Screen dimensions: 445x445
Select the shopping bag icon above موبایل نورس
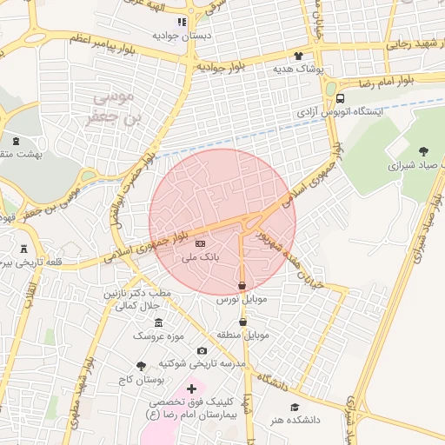point(242,285)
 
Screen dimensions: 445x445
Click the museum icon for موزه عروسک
point(158,322)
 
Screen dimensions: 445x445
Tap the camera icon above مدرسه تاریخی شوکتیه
point(203,350)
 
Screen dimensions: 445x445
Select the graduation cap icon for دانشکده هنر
point(295,407)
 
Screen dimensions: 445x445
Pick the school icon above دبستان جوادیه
point(181,22)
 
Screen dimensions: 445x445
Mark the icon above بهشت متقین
point(17,139)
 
